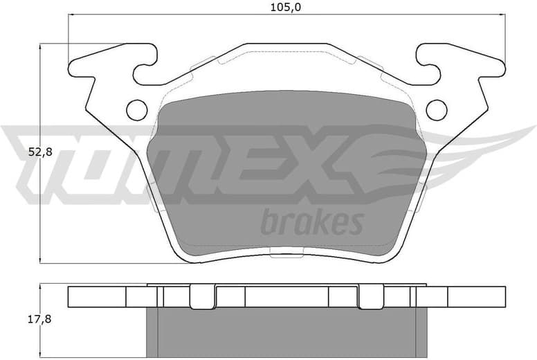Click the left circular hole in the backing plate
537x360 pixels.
[x=137, y=109]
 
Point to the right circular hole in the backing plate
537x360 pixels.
[x=436, y=109]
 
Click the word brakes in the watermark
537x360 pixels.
[x=311, y=223]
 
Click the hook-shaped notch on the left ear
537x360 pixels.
[x=144, y=69]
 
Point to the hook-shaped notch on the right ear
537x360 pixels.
[x=429, y=69]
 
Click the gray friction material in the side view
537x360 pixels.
[x=286, y=332]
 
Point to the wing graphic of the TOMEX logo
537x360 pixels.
[x=450, y=149]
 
